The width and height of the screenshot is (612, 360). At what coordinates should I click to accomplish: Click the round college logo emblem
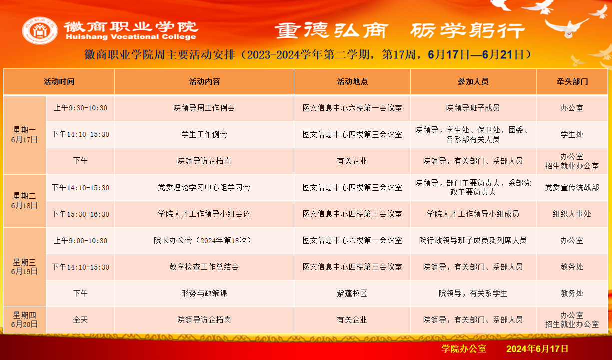click(x=40, y=30)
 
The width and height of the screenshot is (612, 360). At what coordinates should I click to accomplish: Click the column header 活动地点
click(x=352, y=82)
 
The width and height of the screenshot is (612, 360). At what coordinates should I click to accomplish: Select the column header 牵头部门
click(x=572, y=82)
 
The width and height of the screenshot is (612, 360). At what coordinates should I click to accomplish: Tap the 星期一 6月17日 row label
click(x=24, y=135)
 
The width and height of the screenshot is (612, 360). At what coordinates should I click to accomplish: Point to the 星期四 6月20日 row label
click(x=24, y=320)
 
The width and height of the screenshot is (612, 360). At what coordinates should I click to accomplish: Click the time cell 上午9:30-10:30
click(x=80, y=108)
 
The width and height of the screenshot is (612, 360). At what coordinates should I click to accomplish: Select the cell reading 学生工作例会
click(x=204, y=134)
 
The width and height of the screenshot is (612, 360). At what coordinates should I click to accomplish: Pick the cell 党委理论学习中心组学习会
click(x=204, y=187)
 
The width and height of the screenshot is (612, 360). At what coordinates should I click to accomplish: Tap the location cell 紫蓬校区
click(x=352, y=294)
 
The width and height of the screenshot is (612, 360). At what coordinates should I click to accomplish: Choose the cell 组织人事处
click(x=572, y=214)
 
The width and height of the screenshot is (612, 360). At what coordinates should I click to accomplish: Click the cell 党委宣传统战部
click(x=572, y=187)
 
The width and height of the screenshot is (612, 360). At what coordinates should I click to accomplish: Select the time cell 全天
click(x=80, y=320)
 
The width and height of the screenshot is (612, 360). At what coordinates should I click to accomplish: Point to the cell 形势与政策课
click(x=204, y=294)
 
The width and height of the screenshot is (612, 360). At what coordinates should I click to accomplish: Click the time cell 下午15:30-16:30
click(x=80, y=214)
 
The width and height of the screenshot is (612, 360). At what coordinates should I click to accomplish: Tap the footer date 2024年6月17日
click(x=538, y=349)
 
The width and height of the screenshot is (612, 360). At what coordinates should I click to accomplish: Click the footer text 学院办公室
click(x=464, y=349)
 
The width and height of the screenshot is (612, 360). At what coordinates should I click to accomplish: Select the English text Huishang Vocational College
click(x=131, y=37)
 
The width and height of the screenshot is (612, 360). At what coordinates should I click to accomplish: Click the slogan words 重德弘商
click(x=331, y=30)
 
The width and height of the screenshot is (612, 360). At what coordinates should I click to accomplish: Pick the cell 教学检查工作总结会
click(x=204, y=267)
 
